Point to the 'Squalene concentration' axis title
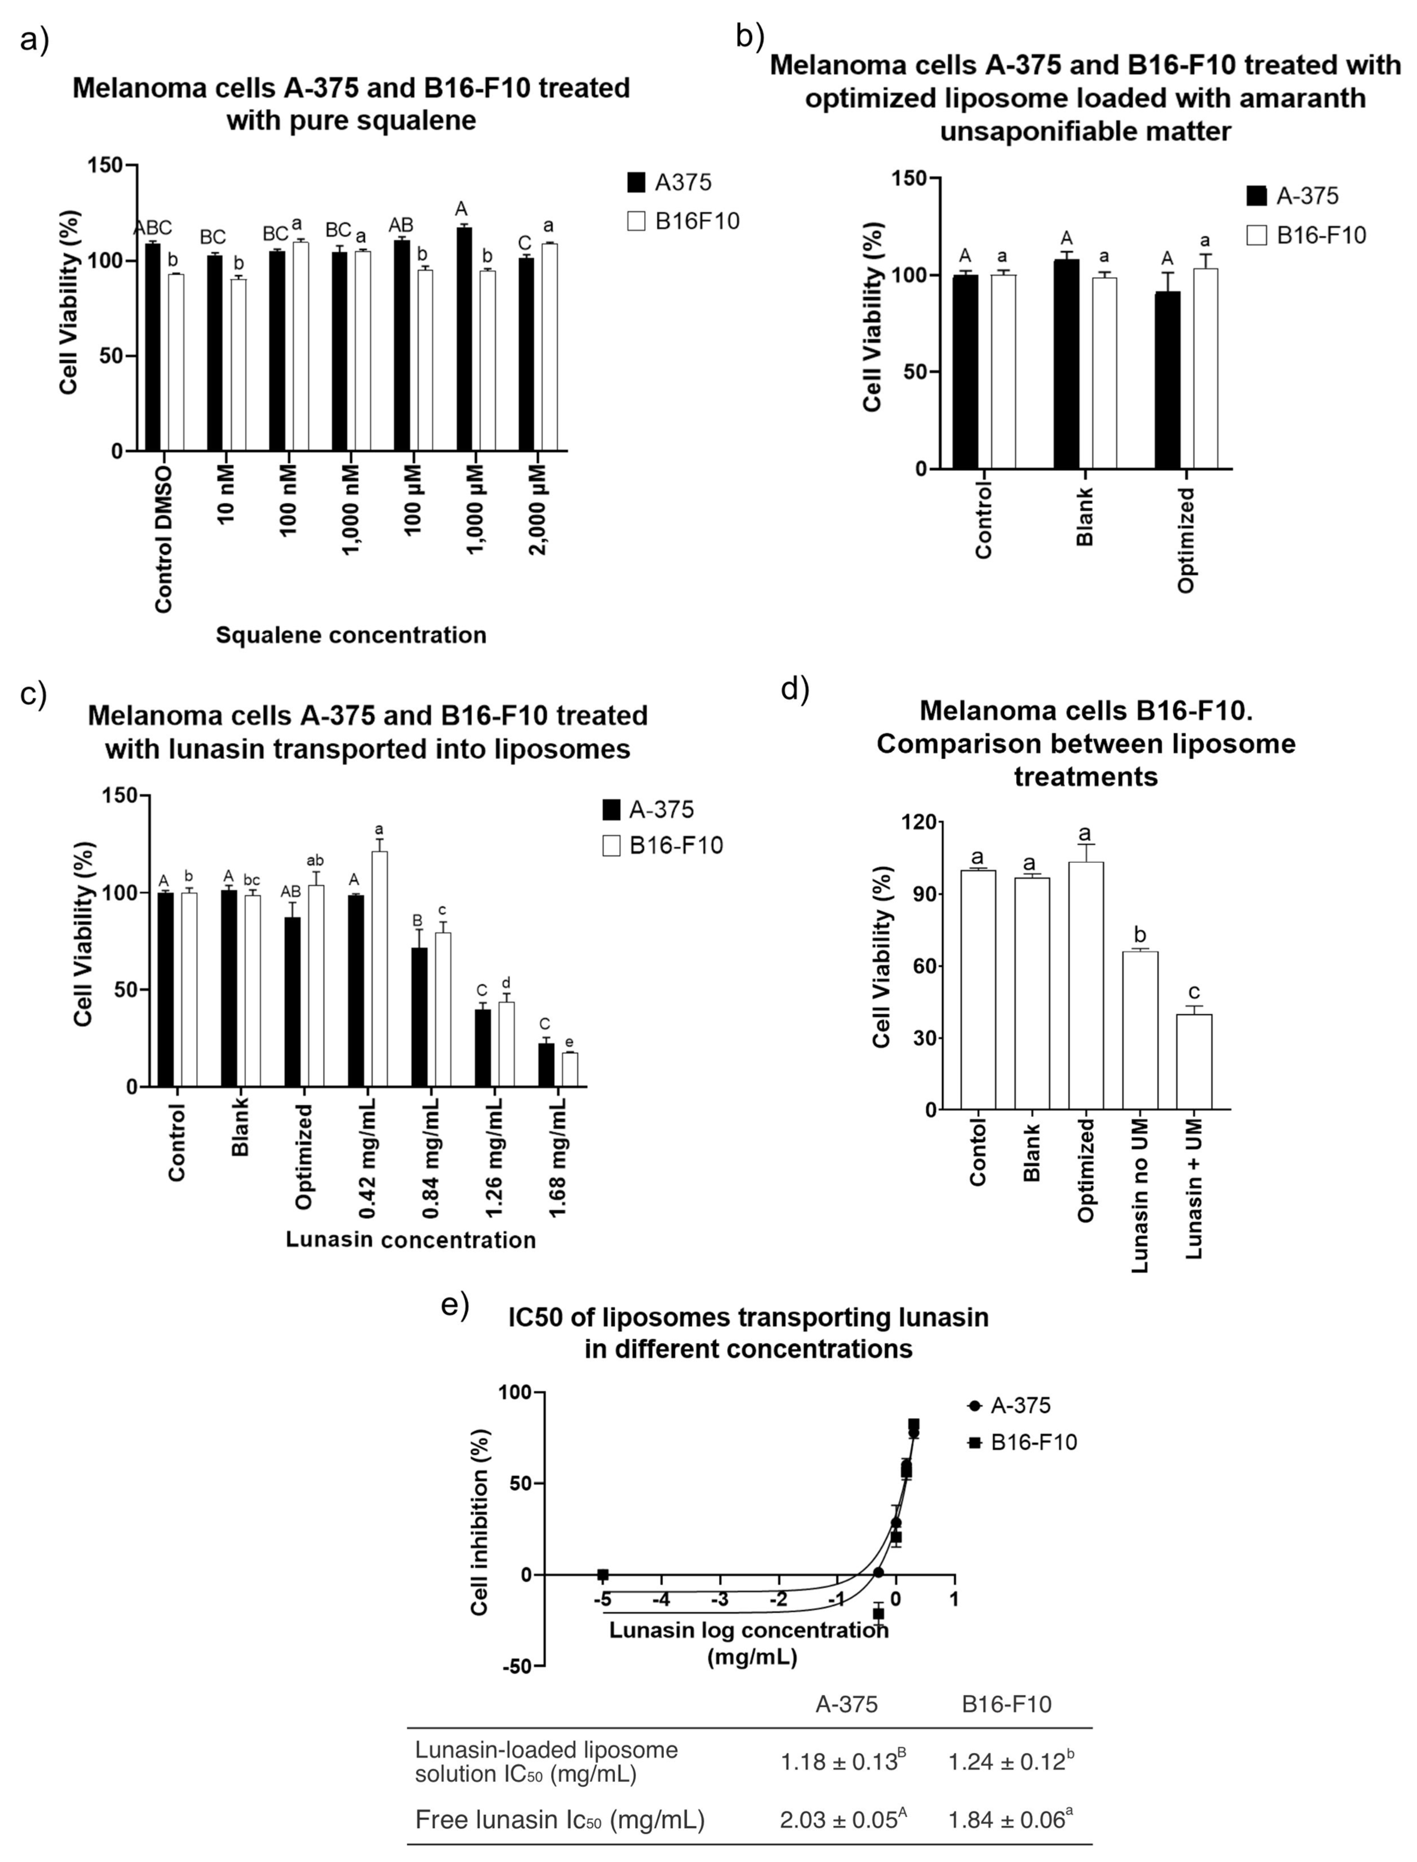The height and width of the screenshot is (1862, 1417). coord(351,634)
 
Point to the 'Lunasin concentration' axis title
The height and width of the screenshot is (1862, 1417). coord(411,1239)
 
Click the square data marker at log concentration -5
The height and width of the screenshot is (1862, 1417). coord(602,1574)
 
